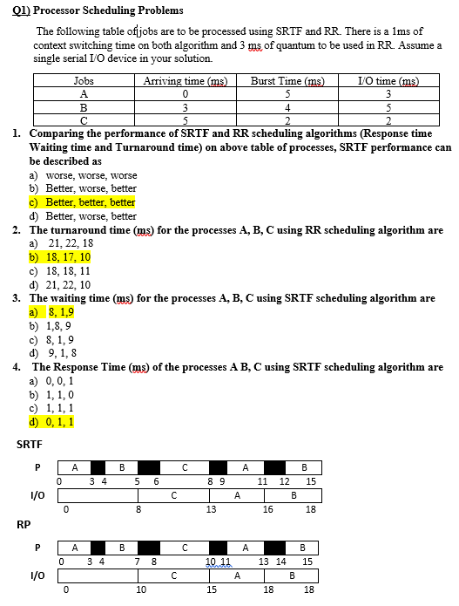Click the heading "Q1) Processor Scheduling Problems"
97,10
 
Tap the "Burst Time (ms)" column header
287,81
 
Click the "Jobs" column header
84,81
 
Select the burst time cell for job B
287,107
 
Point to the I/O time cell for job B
389,107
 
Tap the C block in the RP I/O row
175,576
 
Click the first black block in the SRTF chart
98,466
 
